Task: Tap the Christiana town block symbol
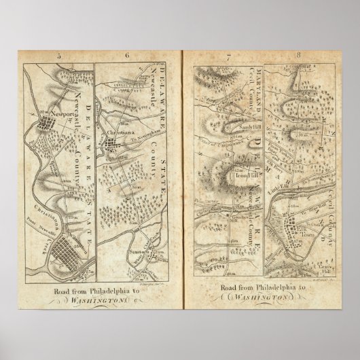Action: [x=111, y=144]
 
